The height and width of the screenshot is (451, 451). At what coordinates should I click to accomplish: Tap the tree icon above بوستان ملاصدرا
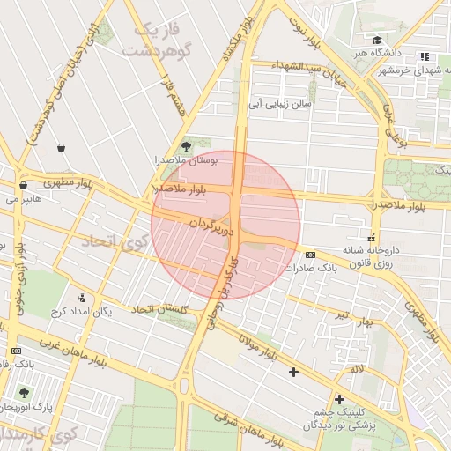pos(185,146)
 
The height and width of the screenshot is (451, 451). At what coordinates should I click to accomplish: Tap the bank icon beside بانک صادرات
pos(310,254)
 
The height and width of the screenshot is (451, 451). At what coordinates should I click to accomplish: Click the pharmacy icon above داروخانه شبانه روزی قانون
pos(371,237)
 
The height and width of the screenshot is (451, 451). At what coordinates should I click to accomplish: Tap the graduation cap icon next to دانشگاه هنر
pos(377,41)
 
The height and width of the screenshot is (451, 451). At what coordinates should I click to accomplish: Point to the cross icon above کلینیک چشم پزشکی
pos(339,399)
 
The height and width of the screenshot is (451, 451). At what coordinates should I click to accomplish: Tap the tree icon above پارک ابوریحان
pos(23,393)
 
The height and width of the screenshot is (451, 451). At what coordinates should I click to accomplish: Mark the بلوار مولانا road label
pos(255,344)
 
